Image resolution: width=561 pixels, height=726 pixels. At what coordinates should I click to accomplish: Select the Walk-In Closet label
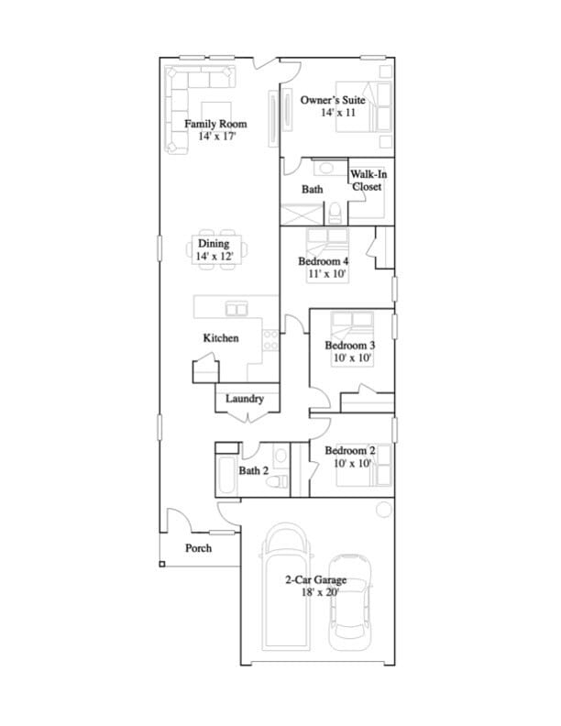coord(367,180)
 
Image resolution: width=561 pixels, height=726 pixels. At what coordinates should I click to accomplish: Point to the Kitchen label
coord(221,338)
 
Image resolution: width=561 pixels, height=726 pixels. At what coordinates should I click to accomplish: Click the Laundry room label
coord(245,399)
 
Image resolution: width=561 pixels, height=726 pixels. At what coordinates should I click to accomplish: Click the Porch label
coord(199,548)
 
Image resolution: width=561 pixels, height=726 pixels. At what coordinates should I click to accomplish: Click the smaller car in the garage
coord(349,598)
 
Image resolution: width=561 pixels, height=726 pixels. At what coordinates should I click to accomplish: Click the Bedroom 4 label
coord(324,261)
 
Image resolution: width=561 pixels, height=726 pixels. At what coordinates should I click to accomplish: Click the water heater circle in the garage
coord(384,509)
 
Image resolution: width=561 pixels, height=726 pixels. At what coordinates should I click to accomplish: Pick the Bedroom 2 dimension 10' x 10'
coord(350,464)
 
